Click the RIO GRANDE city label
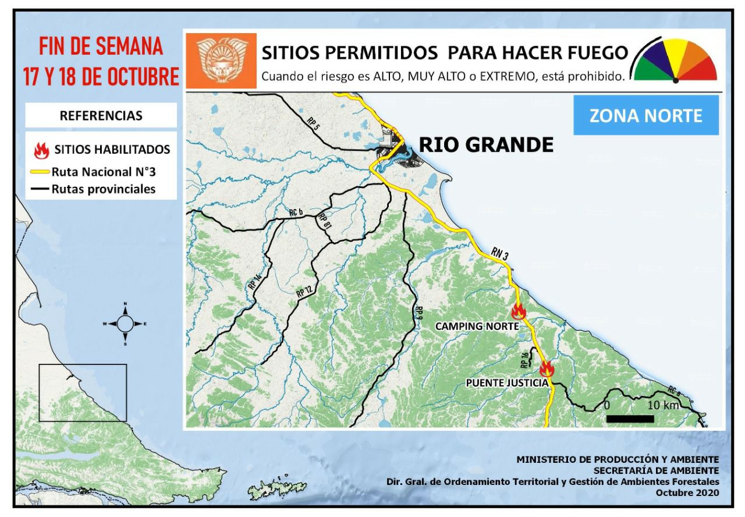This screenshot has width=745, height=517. pos(486,144)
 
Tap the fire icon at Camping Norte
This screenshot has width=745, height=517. pos(519,311)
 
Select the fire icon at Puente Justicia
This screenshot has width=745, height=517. pos(546,369)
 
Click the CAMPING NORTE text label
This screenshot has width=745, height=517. pos(477,326)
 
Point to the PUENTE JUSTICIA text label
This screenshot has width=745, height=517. pos(508,383)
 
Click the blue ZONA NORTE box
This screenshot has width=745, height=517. pos(646,115)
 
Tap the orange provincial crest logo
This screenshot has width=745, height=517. pos(220,61)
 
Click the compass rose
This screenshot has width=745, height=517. pos(125,323)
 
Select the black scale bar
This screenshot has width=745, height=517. pos(630,418)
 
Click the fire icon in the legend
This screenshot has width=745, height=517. pos(41,150)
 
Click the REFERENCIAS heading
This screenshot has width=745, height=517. pos(101,115)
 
